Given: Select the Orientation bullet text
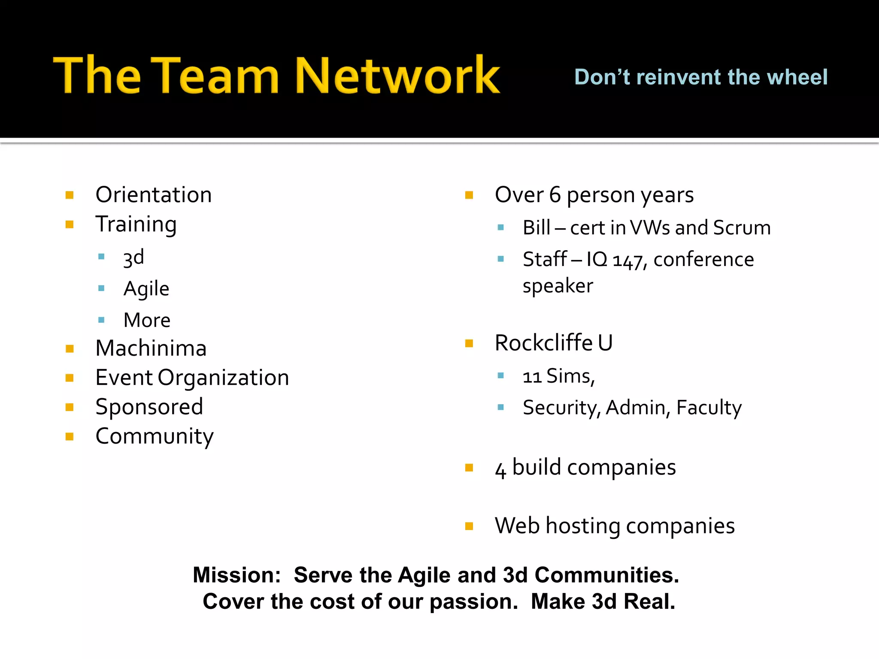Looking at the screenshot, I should tap(154, 195).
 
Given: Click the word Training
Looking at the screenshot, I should tap(136, 224).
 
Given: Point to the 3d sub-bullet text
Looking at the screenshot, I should tap(133, 257).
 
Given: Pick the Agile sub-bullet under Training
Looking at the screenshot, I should tap(146, 289).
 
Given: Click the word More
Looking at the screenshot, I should tap(147, 320).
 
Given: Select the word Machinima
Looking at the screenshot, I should tap(151, 348).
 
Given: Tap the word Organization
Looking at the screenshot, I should tap(223, 378).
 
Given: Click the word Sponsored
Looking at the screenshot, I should tap(149, 407).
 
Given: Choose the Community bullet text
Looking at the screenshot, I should tap(155, 436).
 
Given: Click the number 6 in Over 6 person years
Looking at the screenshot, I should tap(555, 195).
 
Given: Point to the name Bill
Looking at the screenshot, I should tap(536, 228).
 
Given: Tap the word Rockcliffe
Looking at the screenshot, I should tap(544, 343).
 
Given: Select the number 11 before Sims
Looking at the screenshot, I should tap(532, 377).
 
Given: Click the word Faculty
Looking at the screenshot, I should tap(709, 408).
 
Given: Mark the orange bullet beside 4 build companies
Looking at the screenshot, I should tap(469, 468).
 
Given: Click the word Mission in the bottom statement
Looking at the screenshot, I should tap(236, 575).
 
